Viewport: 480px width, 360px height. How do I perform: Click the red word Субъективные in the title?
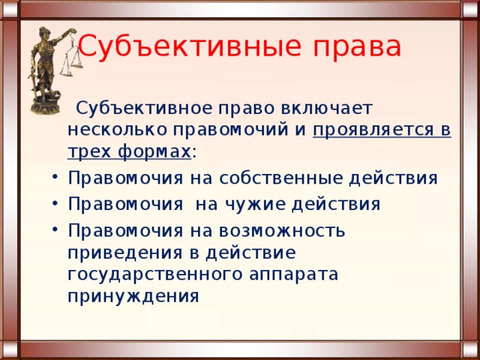(x=190, y=46)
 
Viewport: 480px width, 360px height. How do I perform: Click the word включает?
(x=327, y=108)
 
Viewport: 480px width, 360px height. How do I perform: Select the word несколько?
(x=117, y=130)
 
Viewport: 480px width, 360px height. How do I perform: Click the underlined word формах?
(x=154, y=151)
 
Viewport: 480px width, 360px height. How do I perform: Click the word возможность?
(x=282, y=231)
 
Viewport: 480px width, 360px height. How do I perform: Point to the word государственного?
(x=155, y=275)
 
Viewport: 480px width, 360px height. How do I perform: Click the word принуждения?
(x=133, y=297)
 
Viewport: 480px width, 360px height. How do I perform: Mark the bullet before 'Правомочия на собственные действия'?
(x=55, y=177)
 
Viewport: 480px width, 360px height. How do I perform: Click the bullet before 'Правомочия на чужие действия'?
(x=55, y=203)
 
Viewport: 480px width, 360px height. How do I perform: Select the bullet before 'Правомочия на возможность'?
(x=55, y=229)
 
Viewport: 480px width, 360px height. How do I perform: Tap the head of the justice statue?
(x=43, y=32)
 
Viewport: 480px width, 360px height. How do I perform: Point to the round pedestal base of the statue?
(x=45, y=105)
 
